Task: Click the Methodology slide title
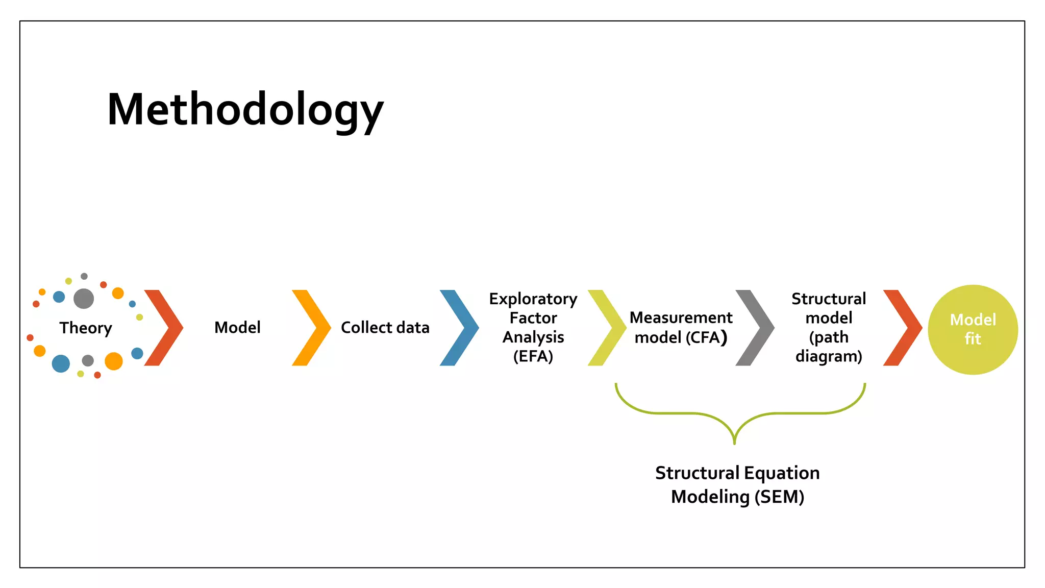245,110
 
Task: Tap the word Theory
86,328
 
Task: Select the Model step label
237,327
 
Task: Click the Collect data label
385,327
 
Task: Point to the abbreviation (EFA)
533,356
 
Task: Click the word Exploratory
533,299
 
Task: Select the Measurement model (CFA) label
681,327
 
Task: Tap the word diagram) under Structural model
829,356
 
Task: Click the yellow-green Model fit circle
973,330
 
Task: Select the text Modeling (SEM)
737,497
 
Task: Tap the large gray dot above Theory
84,299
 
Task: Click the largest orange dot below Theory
114,361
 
